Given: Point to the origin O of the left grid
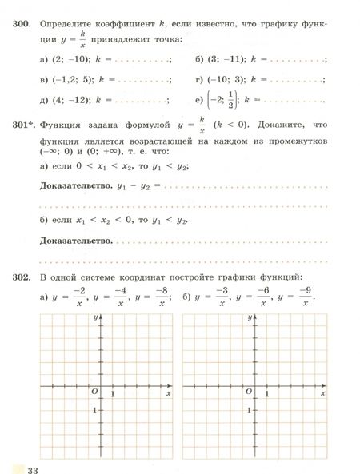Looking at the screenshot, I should [94, 390].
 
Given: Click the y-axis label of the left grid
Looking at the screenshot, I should [95, 318].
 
